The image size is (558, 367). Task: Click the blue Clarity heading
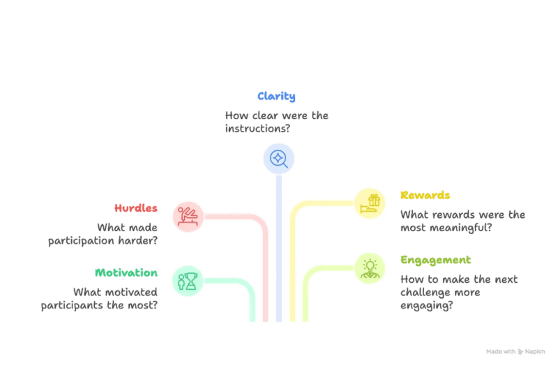point(276,96)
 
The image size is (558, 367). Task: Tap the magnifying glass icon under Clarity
point(278,159)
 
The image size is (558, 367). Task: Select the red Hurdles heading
point(136,208)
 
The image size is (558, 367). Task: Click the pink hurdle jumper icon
point(188,217)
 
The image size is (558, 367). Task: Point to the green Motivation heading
point(126,272)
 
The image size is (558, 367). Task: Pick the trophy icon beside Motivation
point(188,281)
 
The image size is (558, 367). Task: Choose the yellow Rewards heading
point(425,195)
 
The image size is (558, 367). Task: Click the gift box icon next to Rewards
point(370,203)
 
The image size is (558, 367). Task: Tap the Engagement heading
point(436,260)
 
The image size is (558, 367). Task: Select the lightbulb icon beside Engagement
point(370,268)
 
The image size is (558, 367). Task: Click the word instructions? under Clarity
point(258,128)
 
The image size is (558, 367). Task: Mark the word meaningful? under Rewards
point(461,228)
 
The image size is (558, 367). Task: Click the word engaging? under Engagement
point(427,305)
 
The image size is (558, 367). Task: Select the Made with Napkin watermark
point(515,352)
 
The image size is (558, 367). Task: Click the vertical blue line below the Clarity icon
point(279,248)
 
